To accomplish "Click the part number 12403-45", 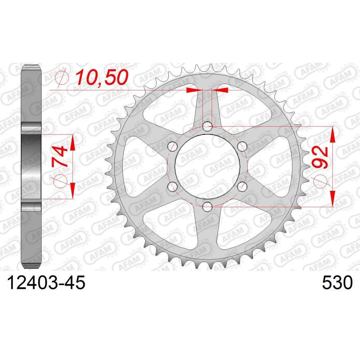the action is [x=46, y=283].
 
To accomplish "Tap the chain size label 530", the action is [x=337, y=283].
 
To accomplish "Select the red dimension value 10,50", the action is [x=102, y=77].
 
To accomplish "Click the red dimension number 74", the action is [x=59, y=157].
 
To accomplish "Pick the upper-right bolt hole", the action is [x=242, y=146].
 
